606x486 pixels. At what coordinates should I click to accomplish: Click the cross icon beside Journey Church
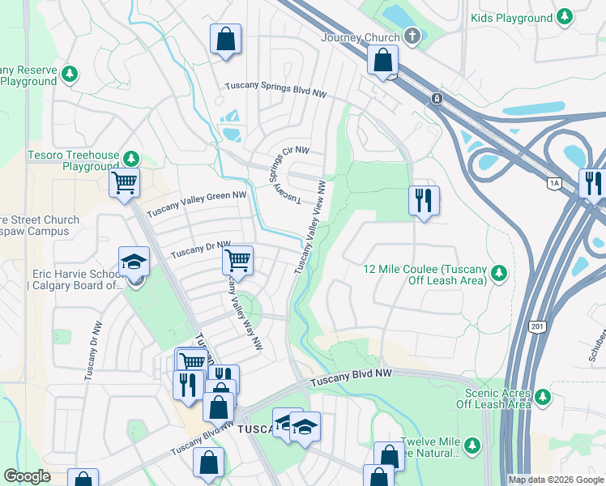click(x=412, y=36)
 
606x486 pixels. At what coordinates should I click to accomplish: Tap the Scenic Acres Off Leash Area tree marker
click(x=542, y=397)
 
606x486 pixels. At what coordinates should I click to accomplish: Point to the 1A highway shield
click(x=554, y=184)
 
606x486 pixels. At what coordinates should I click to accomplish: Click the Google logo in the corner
click(x=27, y=476)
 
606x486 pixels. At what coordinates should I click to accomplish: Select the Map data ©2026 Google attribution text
click(x=555, y=480)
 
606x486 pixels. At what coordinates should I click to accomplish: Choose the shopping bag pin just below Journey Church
click(x=382, y=60)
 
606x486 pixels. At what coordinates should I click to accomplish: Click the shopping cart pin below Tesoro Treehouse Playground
click(x=125, y=182)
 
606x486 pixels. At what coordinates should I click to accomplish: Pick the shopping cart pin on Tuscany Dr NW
click(x=237, y=260)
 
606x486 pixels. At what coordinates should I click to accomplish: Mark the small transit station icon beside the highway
click(x=437, y=98)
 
